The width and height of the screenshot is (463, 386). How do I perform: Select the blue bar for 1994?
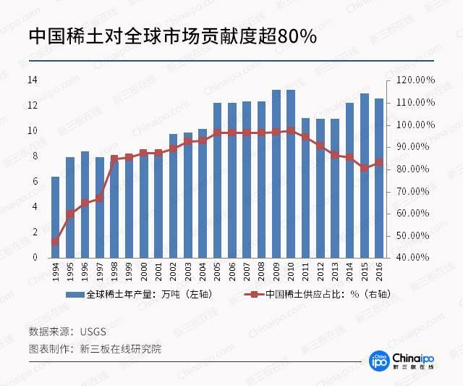[x=55, y=217]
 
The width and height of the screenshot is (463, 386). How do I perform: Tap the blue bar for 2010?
[x=290, y=174]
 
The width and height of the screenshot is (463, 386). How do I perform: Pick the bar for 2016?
[x=378, y=178]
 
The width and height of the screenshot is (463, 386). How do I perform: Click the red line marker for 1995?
[x=70, y=214]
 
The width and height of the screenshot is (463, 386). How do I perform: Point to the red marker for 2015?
[x=364, y=168]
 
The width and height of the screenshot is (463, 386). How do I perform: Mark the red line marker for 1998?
[x=114, y=159]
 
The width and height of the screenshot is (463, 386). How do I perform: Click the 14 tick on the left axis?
[x=33, y=80]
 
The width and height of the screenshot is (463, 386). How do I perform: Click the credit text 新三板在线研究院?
[x=121, y=348]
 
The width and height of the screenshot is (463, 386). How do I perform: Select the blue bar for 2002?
[x=173, y=196]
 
